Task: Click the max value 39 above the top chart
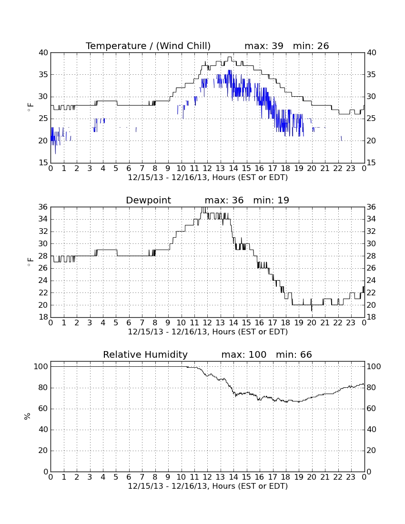277,46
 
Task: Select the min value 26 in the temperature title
323,46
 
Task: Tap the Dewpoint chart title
148,200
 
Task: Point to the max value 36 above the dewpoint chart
238,200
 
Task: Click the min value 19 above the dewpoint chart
283,200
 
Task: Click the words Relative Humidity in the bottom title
145,354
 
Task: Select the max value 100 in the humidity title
258,354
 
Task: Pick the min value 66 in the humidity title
306,354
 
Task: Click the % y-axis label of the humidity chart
28,416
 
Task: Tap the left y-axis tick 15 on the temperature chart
43,163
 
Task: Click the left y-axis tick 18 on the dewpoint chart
43,317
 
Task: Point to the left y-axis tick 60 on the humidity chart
43,408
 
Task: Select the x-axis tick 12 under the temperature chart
207,169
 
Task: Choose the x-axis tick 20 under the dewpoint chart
312,323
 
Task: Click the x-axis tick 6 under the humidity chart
129,477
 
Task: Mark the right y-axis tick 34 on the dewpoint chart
371,219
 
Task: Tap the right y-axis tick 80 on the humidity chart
371,388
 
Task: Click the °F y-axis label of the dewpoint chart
30,262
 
